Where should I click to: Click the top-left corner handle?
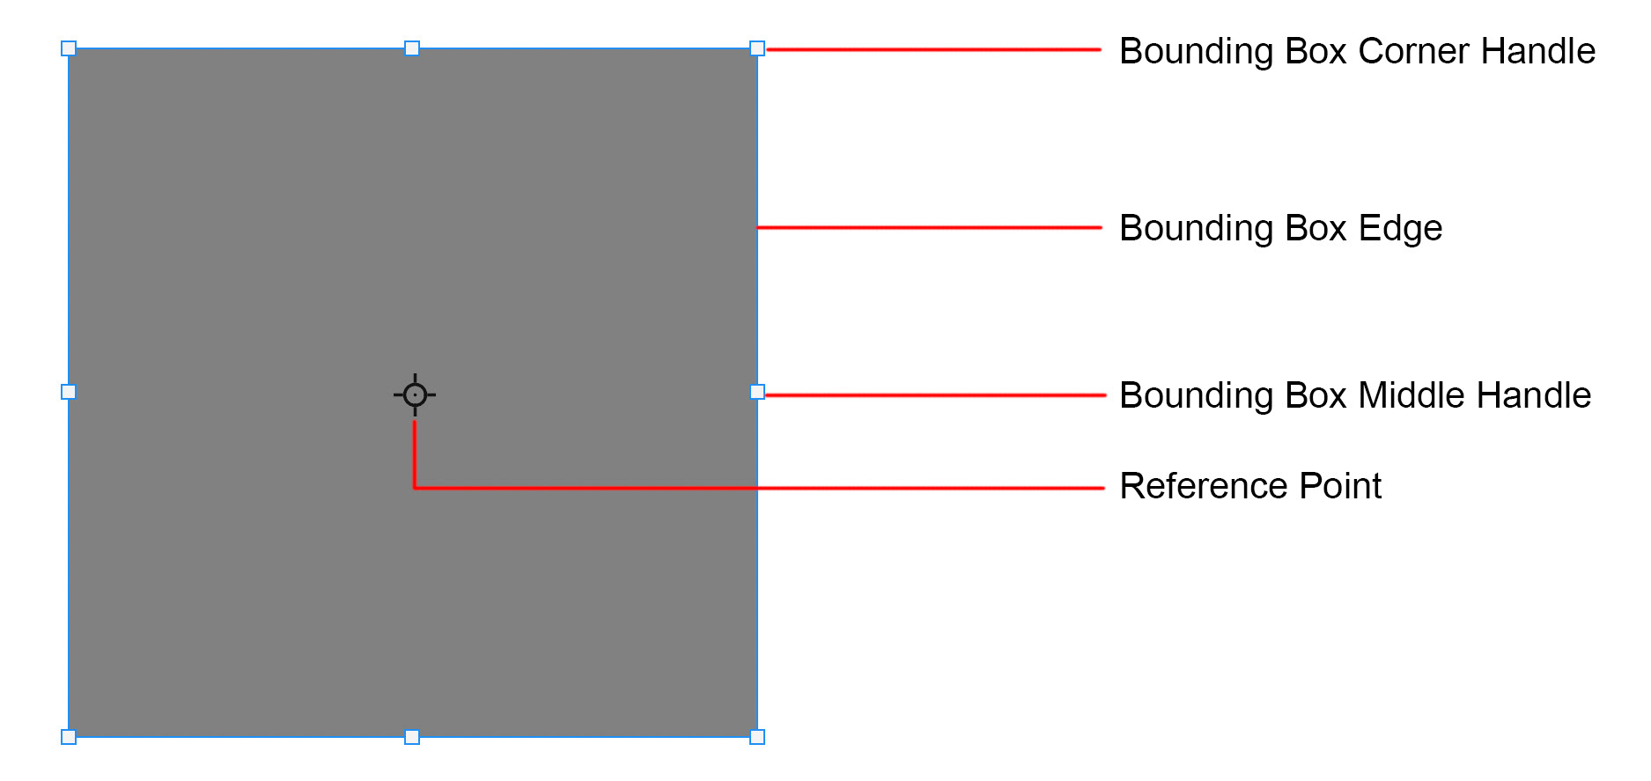click(x=69, y=48)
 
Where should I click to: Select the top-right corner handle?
click(x=757, y=48)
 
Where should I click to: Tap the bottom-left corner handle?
click(x=69, y=737)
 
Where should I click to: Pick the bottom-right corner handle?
click(x=757, y=737)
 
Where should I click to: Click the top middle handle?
click(x=412, y=48)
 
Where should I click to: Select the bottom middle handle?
click(x=412, y=737)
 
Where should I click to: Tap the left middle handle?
click(x=69, y=392)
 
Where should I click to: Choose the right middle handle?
click(x=757, y=392)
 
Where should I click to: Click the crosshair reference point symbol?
click(x=415, y=394)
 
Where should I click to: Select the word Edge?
click(x=1400, y=228)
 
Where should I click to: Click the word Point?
click(x=1340, y=486)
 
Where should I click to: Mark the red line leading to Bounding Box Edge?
click(x=929, y=228)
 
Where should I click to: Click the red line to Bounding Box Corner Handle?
click(x=933, y=50)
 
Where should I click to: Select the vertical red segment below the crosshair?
click(x=415, y=453)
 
